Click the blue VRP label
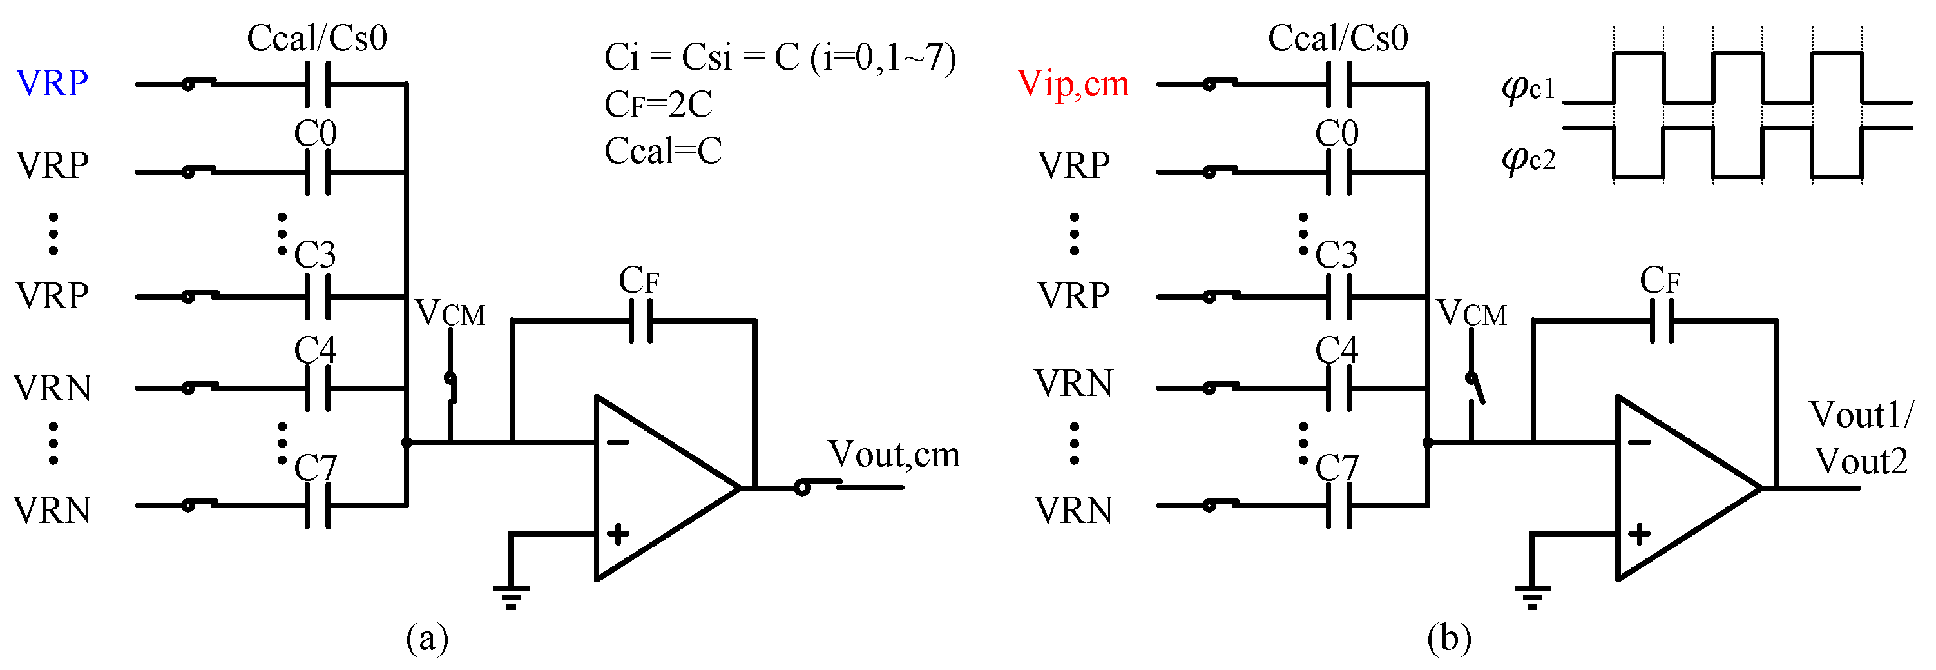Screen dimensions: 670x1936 (52, 83)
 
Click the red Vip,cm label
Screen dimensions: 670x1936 (1073, 83)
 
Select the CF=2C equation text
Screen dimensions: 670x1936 (658, 104)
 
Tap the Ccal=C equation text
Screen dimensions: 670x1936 (662, 151)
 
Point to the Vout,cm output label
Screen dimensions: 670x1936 (894, 454)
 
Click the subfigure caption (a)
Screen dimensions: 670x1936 (427, 638)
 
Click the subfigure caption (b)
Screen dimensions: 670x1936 (1448, 638)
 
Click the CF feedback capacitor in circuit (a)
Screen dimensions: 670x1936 (640, 321)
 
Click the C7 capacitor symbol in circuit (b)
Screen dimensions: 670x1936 (1339, 506)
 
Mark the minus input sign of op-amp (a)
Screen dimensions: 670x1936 (618, 442)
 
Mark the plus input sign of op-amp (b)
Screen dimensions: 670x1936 (1639, 535)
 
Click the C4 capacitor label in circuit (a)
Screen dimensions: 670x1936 (315, 350)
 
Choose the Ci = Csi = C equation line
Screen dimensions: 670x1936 (780, 57)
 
